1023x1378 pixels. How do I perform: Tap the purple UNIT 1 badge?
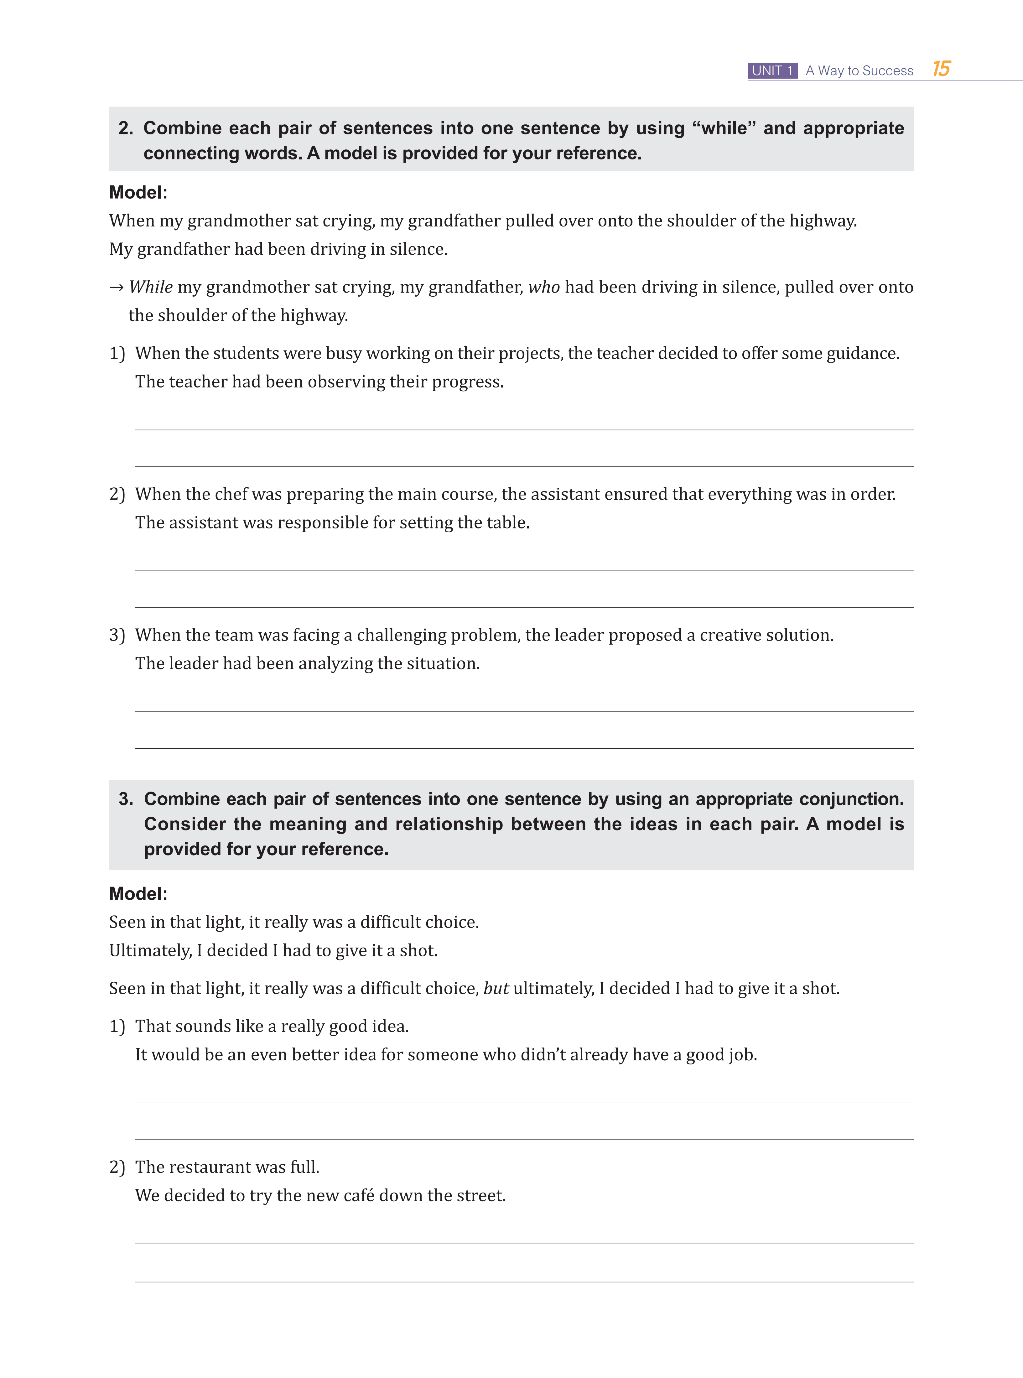point(772,70)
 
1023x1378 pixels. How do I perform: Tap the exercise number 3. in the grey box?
point(126,799)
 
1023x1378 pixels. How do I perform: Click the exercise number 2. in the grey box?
point(126,128)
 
